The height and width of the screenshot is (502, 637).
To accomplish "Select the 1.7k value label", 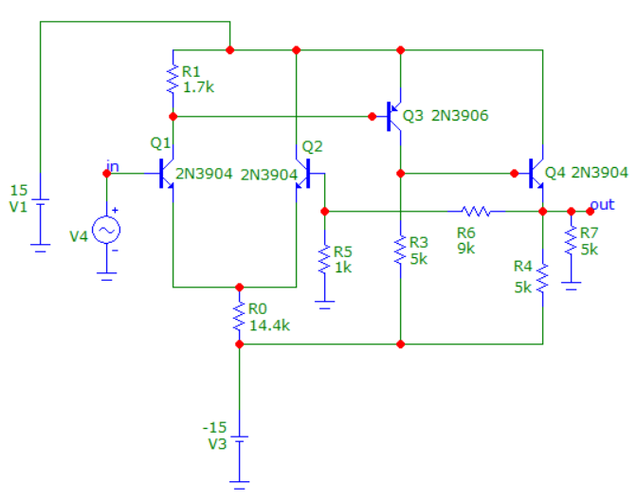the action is (x=198, y=87).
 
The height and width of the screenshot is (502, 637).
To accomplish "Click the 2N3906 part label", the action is (x=460, y=116).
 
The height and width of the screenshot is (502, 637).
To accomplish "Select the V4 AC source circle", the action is (x=106, y=231).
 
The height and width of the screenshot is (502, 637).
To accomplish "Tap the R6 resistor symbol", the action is (x=476, y=211).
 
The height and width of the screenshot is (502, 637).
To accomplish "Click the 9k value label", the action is (x=466, y=248).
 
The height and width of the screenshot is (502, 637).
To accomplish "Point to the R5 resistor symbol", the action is (x=324, y=259).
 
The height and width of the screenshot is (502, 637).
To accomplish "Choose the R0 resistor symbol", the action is (x=239, y=316).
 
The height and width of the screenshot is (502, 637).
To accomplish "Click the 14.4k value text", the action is (x=269, y=325).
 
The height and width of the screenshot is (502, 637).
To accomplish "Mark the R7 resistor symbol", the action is (x=571, y=240).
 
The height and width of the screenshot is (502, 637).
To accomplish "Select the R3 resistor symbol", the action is (x=400, y=250).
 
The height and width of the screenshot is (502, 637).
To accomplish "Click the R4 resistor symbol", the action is (x=542, y=278).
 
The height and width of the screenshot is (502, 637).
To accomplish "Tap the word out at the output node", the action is (x=602, y=205).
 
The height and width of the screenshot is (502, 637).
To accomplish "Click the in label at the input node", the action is (x=113, y=166).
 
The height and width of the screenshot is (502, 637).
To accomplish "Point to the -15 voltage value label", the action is (x=214, y=428).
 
